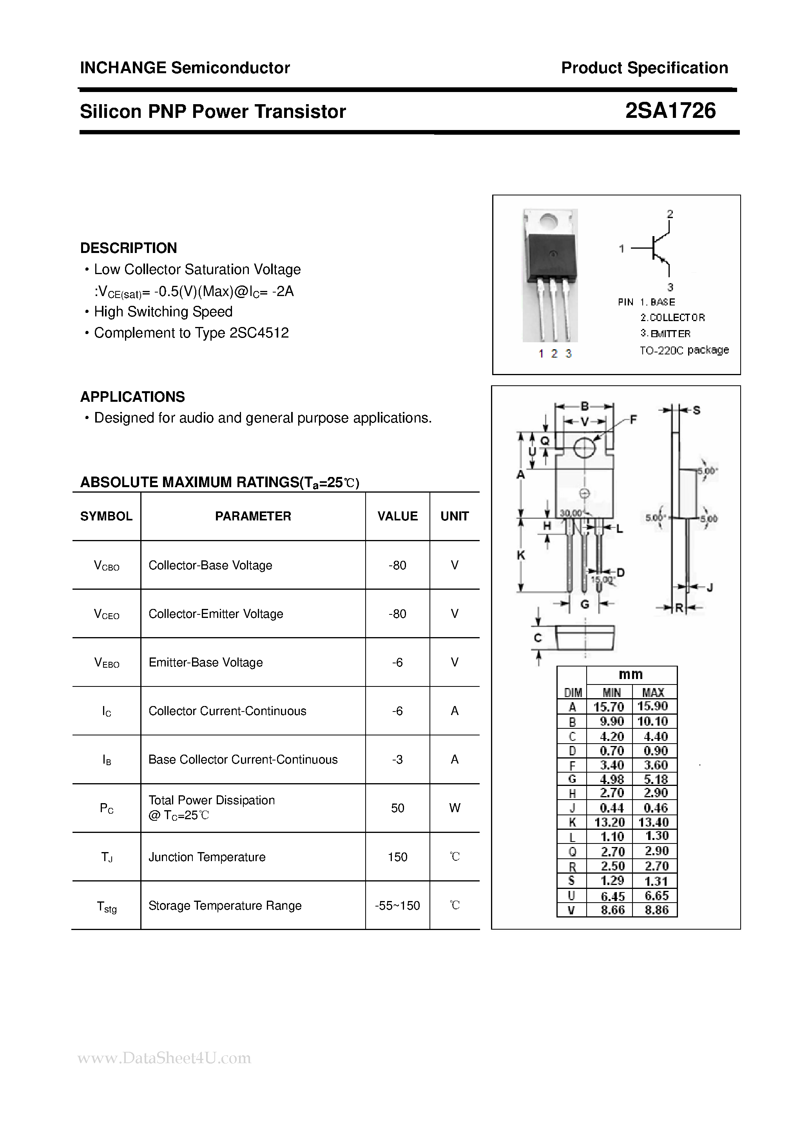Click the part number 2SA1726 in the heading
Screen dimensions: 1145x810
(x=670, y=111)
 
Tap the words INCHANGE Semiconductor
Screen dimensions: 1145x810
(x=185, y=68)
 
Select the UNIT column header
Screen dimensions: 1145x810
(x=454, y=516)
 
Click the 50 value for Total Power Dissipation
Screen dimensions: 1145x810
(x=397, y=808)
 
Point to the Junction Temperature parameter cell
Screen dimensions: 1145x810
(x=207, y=857)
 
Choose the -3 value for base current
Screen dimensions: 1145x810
(x=397, y=760)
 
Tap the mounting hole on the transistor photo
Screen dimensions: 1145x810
(x=549, y=220)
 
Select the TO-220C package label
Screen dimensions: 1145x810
(x=684, y=350)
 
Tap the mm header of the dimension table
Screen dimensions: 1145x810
(x=631, y=674)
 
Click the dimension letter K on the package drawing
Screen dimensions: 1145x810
(x=520, y=554)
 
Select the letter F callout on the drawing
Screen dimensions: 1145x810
(x=633, y=419)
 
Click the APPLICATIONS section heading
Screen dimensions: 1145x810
(x=132, y=397)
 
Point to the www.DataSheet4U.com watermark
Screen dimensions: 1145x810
(x=164, y=1058)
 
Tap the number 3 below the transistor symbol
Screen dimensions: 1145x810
(x=670, y=287)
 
